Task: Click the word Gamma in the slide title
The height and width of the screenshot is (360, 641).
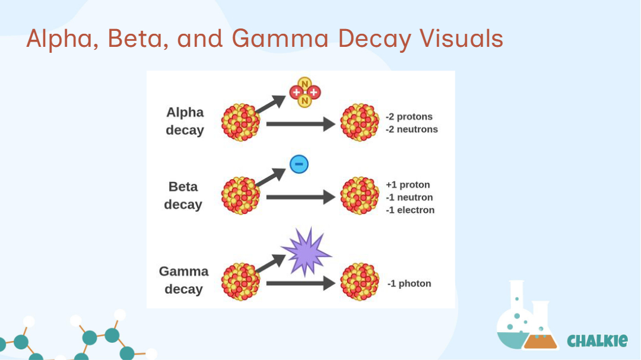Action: pos(280,39)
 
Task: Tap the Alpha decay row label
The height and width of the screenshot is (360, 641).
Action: pos(185,121)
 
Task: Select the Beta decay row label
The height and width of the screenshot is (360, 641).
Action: pos(183,195)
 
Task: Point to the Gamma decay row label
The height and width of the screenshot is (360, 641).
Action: pos(183,280)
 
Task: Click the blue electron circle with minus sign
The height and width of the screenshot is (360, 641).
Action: pos(299,164)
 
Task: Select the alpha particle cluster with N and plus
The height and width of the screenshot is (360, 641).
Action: pos(304,93)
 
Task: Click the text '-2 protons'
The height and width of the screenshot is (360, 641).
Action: pos(409,117)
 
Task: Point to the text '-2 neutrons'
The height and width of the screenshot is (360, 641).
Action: pos(411,129)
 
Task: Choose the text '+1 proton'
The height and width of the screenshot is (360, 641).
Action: pos(408,185)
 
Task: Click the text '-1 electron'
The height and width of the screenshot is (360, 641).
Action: pos(410,210)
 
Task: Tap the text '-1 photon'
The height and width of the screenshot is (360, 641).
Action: pos(409,283)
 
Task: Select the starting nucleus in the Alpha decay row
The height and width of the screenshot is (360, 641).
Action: pos(240,122)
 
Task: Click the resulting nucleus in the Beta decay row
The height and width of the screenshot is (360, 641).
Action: pos(360,196)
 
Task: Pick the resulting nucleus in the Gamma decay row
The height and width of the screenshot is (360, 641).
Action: pos(360,282)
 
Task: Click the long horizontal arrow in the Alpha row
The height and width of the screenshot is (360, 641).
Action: pos(300,124)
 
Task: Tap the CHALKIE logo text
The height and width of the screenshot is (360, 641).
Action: pos(597,340)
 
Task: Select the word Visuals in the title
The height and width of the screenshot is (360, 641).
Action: pos(461,39)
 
